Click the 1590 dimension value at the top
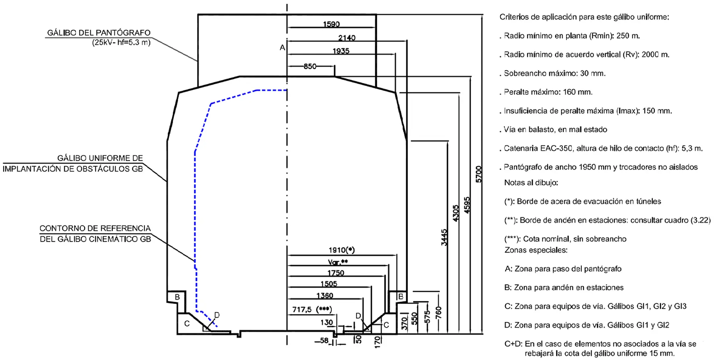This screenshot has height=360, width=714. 331,24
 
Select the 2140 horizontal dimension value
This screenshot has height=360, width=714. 347,38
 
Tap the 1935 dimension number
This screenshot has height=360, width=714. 341,51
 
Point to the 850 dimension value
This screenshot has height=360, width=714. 310,67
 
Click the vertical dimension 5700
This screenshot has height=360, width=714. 479,174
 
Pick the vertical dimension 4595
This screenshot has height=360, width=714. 467,205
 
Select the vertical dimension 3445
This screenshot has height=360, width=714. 444,237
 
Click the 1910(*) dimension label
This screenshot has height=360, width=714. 342,250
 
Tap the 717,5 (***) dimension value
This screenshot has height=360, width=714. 312,310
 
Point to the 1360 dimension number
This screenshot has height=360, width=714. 325,296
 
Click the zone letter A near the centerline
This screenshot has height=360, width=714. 282,48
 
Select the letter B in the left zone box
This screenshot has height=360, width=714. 177,297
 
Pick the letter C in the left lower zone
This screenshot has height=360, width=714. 187,323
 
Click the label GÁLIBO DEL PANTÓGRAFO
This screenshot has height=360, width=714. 99,33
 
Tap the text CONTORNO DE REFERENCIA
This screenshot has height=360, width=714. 95,228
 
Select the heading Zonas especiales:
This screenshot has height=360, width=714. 536,250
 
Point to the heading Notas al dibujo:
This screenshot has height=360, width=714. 531,183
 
